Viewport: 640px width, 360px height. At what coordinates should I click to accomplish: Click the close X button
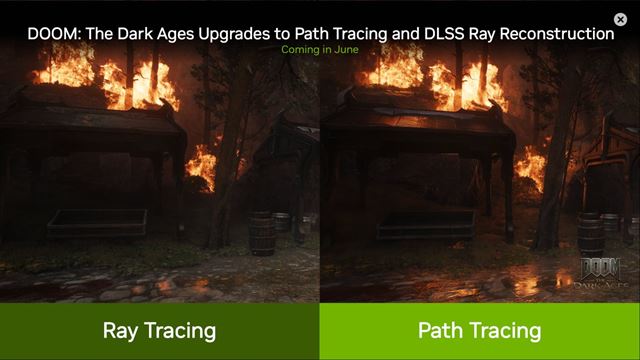pos(620,19)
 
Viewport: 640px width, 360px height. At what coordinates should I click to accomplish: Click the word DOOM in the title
pos(54,33)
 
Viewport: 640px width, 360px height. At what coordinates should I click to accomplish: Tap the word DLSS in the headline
pos(445,33)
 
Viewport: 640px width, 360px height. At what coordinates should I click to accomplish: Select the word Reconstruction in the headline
pos(557,33)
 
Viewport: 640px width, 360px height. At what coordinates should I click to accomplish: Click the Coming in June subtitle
pos(320,49)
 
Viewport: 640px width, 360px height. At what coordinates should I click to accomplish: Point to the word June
pos(347,49)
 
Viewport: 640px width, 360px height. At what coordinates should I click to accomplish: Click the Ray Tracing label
pos(159,331)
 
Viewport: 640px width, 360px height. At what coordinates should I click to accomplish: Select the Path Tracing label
pos(480,331)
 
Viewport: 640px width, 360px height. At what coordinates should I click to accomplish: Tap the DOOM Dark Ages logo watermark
pos(600,273)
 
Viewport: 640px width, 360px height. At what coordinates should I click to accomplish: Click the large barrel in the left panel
pos(262,233)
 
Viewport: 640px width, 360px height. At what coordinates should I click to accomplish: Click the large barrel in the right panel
pos(591,235)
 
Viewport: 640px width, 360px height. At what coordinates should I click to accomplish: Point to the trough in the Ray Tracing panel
pos(97,223)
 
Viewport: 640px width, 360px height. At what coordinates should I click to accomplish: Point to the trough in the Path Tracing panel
pos(427,224)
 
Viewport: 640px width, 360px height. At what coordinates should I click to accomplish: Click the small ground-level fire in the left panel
pos(201,167)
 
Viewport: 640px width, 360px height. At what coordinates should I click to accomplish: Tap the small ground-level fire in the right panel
pos(531,168)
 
